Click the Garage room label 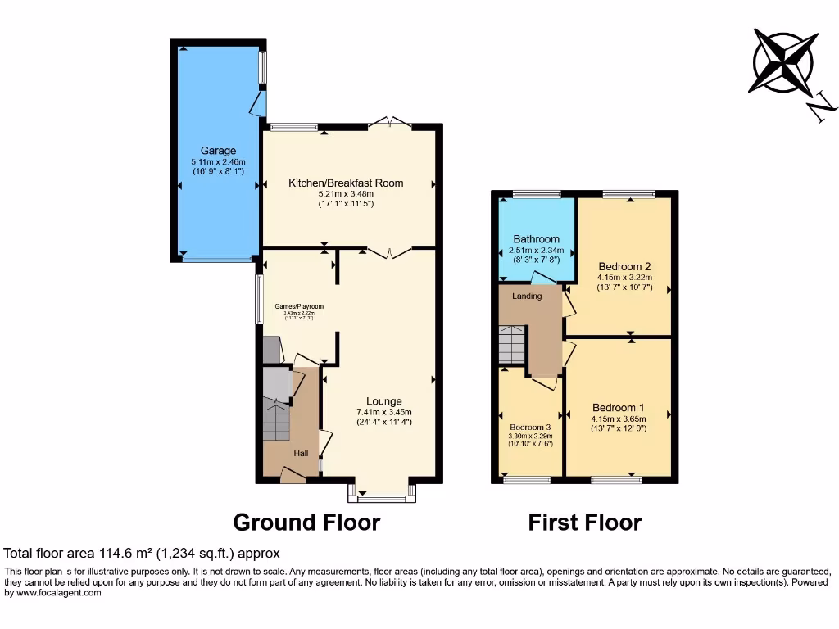(x=218, y=151)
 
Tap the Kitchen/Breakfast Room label (x=346, y=183)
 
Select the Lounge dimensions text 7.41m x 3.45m (x=383, y=412)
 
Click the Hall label (x=302, y=452)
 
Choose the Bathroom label (x=536, y=239)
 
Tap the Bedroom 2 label (x=624, y=266)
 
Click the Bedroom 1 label (x=619, y=408)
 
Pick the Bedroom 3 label (x=530, y=428)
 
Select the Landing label (x=527, y=296)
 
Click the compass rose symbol (x=784, y=61)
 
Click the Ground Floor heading (x=306, y=522)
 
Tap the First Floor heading (x=585, y=522)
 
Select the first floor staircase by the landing (x=511, y=344)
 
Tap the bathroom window (x=537, y=194)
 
